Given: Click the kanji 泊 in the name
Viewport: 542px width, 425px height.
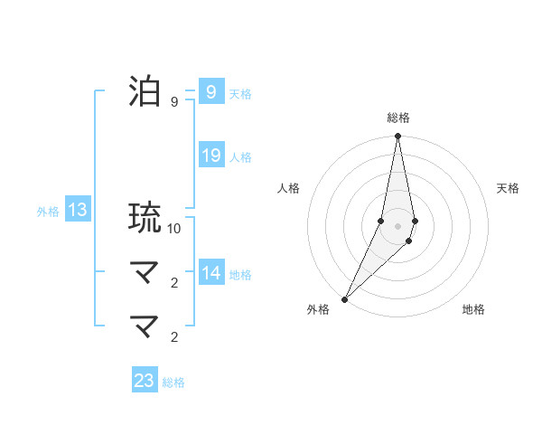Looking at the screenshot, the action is [145, 92].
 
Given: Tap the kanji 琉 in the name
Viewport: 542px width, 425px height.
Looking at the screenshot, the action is [145, 218].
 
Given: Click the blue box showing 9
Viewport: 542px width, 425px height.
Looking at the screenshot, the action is [210, 92].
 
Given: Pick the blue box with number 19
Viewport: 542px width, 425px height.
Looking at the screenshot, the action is [210, 156].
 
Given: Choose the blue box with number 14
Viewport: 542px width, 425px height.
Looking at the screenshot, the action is [210, 273].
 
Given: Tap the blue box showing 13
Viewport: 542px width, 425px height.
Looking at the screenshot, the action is [78, 211].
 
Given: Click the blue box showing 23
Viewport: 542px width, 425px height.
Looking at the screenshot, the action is [145, 381].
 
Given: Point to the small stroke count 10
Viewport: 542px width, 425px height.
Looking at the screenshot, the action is [174, 229].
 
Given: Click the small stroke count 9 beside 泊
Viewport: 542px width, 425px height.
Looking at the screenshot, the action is [174, 102].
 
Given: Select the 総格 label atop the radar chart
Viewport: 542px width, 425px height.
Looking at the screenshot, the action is [397, 118].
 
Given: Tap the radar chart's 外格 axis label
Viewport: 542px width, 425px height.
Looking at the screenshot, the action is [318, 309].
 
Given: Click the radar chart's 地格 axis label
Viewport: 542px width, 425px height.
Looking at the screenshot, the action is [473, 309].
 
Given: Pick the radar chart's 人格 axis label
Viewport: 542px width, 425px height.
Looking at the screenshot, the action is [288, 188].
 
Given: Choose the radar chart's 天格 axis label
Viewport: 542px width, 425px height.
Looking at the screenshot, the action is [508, 188].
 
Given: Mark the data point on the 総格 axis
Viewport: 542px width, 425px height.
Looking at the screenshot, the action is [397, 137].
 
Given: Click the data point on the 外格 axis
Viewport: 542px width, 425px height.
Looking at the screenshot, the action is [345, 298].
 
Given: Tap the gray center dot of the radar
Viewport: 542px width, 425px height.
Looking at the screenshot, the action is [397, 226].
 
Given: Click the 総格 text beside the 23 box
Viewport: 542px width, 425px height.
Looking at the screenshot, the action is [173, 382].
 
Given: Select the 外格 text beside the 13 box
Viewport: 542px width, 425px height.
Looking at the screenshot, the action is [48, 212].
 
